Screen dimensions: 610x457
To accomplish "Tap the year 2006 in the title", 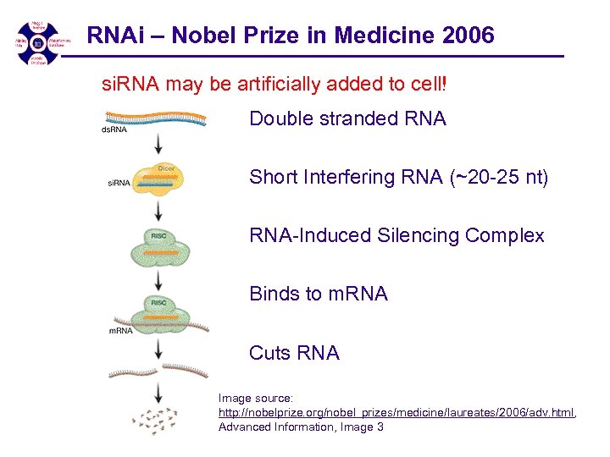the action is pyautogui.click(x=468, y=36).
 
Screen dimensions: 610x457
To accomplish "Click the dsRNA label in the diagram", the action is pyautogui.click(x=114, y=129).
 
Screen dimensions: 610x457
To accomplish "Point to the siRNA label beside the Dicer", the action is pyautogui.click(x=119, y=183).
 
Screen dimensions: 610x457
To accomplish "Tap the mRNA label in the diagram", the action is pyautogui.click(x=120, y=331).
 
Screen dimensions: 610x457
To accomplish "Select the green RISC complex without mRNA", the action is pyautogui.click(x=160, y=247).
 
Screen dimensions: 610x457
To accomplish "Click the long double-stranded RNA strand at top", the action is pyautogui.click(x=157, y=118).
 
